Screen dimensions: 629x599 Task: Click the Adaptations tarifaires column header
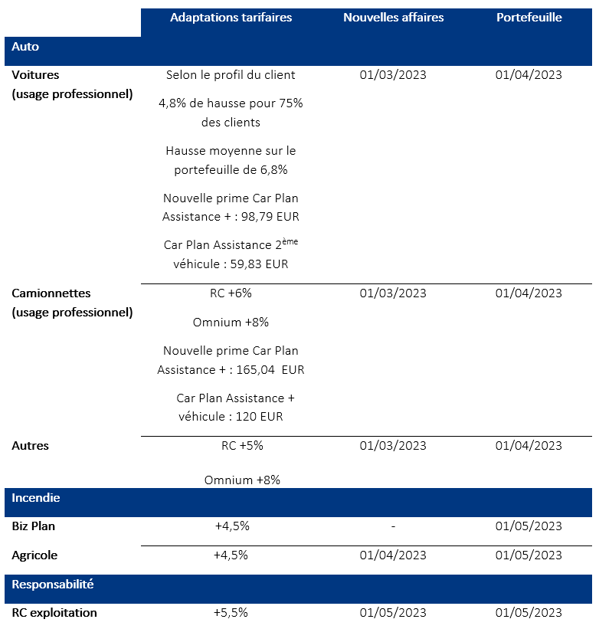click(231, 18)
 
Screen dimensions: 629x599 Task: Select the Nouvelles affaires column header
click(393, 18)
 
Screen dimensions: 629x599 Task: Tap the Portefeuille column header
click(529, 18)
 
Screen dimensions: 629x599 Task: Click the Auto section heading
click(25, 47)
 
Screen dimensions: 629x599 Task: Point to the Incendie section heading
click(36, 498)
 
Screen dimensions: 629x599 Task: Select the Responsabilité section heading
click(53, 584)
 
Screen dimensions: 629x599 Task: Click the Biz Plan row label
click(34, 526)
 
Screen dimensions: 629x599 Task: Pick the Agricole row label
click(34, 555)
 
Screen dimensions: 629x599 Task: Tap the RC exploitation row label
click(54, 613)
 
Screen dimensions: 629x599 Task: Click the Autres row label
click(31, 446)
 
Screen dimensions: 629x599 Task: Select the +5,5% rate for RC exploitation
click(231, 613)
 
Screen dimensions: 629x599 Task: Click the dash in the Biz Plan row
click(393, 526)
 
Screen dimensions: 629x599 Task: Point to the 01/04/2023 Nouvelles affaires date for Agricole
click(393, 555)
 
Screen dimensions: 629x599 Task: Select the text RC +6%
click(231, 293)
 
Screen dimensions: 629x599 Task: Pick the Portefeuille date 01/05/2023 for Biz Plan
click(529, 526)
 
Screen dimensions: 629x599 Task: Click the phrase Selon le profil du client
click(231, 75)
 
